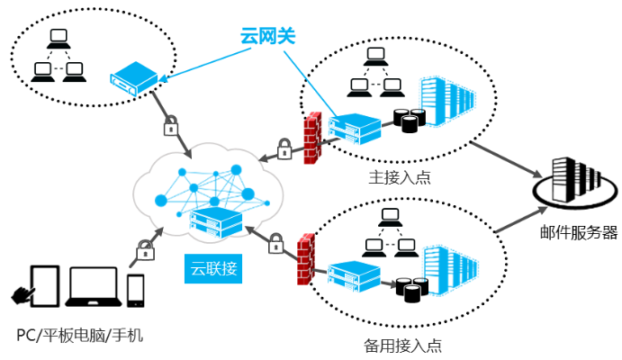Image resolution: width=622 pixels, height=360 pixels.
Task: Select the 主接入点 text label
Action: coord(400,176)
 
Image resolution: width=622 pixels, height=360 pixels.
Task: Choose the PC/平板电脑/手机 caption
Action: coord(80,336)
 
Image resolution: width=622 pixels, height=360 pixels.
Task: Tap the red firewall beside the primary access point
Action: coord(313,139)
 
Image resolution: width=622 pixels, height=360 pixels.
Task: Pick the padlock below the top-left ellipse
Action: coord(170,126)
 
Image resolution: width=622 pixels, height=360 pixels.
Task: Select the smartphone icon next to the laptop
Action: coord(136,290)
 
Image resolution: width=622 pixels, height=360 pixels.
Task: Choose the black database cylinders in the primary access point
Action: coord(410,120)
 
